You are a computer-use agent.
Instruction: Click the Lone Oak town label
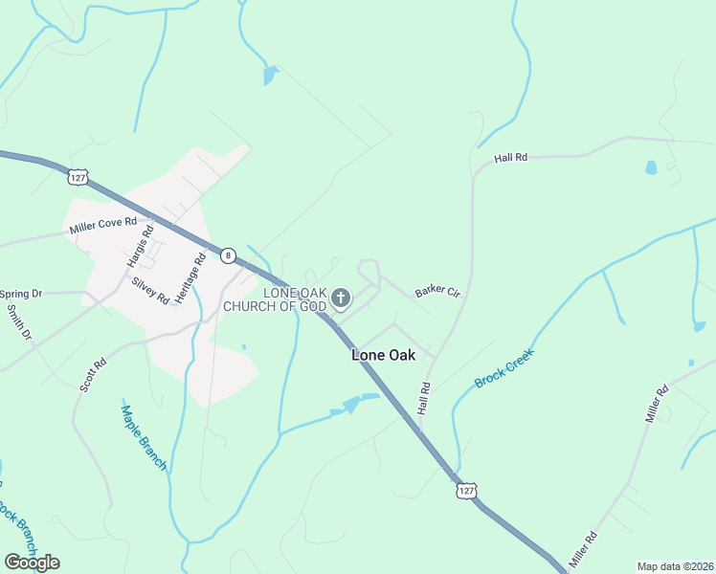tap(383, 354)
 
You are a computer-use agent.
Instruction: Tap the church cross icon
tap(341, 300)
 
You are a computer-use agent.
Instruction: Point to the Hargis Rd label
tap(140, 245)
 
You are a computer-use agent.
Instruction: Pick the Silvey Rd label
tap(150, 290)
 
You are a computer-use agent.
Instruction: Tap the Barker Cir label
tap(437, 292)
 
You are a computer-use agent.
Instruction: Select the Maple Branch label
tap(145, 438)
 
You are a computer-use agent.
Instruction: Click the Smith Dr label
tap(19, 323)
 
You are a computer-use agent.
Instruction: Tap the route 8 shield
tap(227, 255)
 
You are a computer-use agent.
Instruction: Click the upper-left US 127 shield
tap(78, 176)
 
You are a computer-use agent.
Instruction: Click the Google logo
tap(32, 562)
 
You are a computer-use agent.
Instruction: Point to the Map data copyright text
tap(676, 566)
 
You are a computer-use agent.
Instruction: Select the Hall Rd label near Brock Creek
tap(425, 399)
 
